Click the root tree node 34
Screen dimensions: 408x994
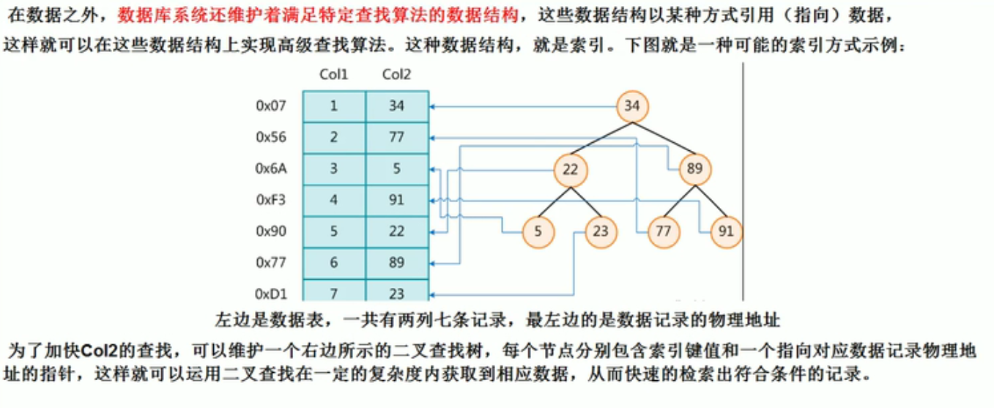pyautogui.click(x=631, y=107)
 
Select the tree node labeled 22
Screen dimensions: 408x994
pyautogui.click(x=571, y=170)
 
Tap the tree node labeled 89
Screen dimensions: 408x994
pyautogui.click(x=694, y=170)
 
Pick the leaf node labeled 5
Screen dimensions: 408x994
pyautogui.click(x=538, y=232)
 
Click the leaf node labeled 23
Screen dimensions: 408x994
pyautogui.click(x=601, y=232)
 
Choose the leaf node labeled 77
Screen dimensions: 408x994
pyautogui.click(x=664, y=232)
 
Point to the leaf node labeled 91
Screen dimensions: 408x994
pyautogui.click(x=726, y=232)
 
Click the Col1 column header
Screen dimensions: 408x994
pyautogui.click(x=334, y=75)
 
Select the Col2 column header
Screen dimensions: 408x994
pyautogui.click(x=396, y=75)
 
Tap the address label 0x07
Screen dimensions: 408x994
pyautogui.click(x=270, y=106)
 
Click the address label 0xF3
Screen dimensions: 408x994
pyautogui.click(x=270, y=200)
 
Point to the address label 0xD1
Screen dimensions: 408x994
pyautogui.click(x=270, y=294)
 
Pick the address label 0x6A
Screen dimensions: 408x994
pyautogui.click(x=270, y=168)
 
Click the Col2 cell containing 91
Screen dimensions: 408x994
pyautogui.click(x=396, y=200)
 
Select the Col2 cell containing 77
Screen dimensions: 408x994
pyautogui.click(x=396, y=138)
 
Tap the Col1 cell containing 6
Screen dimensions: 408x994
pyautogui.click(x=334, y=262)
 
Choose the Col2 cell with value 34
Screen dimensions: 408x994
pyautogui.click(x=396, y=106)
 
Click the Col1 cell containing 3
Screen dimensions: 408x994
pyautogui.click(x=334, y=168)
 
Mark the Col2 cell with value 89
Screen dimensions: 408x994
pyautogui.click(x=396, y=262)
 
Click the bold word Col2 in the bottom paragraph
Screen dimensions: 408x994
pyautogui.click(x=102, y=351)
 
